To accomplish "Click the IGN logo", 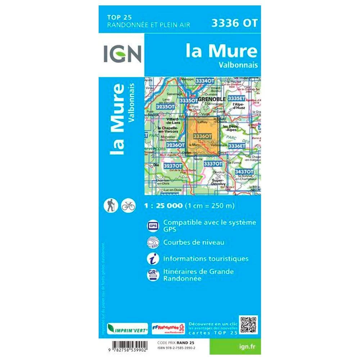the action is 122,54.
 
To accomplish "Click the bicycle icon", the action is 128,205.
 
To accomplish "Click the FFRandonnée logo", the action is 168,328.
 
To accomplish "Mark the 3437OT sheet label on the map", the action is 244,172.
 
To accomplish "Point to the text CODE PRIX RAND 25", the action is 174,342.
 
